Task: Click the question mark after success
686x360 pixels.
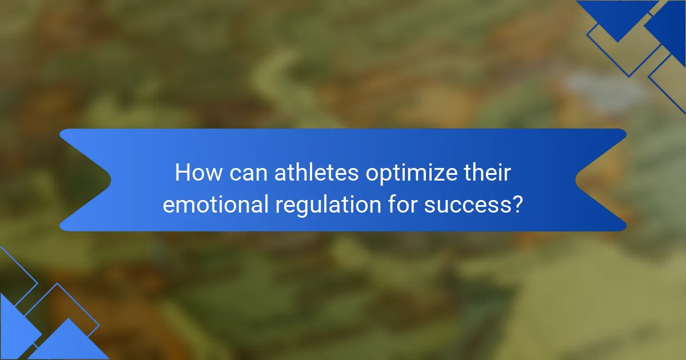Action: pos(518,204)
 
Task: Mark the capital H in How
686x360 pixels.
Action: pos(182,172)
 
